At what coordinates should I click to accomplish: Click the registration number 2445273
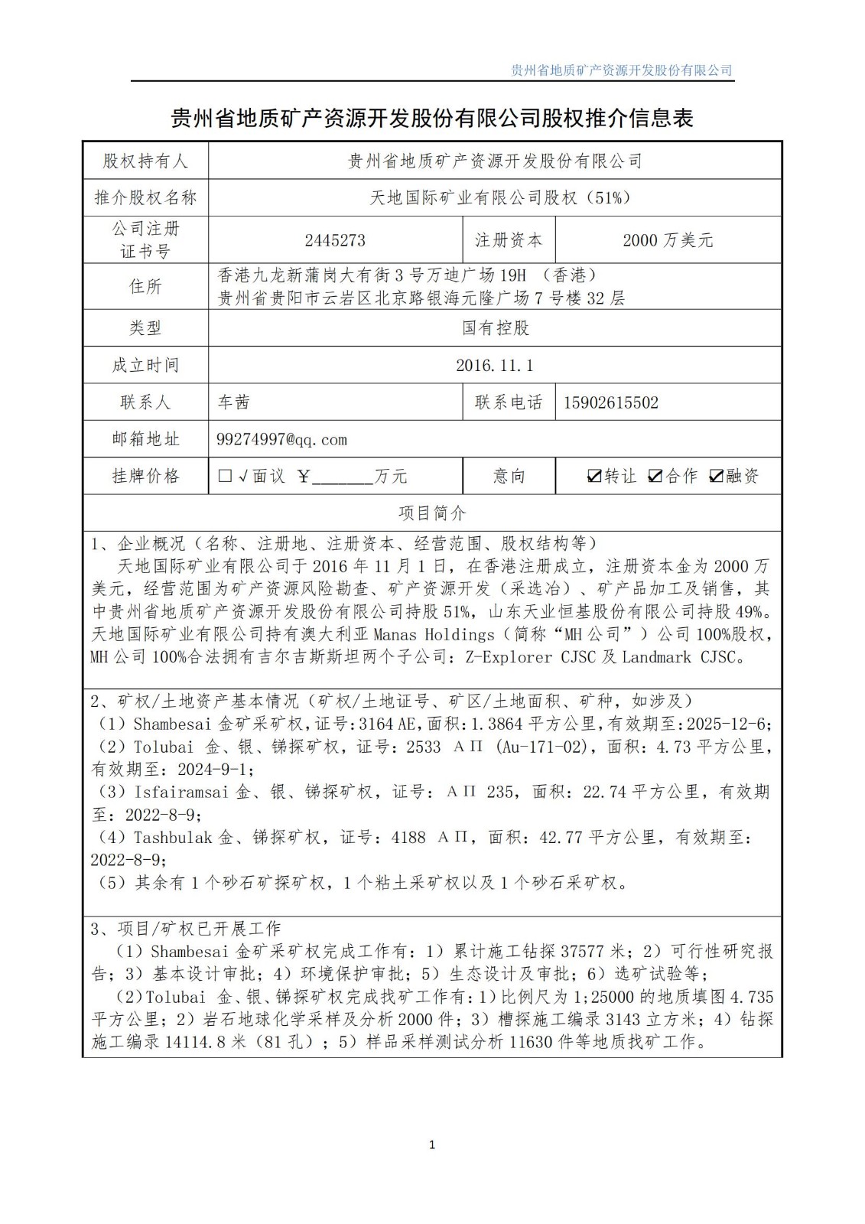(x=335, y=240)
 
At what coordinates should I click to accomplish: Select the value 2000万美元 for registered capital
(x=668, y=240)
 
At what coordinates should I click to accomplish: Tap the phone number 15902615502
(x=610, y=402)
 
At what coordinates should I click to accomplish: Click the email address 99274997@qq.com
(x=282, y=439)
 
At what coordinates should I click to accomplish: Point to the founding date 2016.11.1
(x=494, y=365)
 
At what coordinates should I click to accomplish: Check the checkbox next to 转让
(x=593, y=477)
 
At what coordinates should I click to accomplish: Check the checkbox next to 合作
(x=655, y=477)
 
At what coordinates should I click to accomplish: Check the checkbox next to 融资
(x=716, y=477)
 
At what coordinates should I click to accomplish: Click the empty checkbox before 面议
(x=225, y=476)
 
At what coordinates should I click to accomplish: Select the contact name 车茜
(x=233, y=402)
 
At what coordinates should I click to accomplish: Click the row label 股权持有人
(x=145, y=161)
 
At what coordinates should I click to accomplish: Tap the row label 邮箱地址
(x=145, y=439)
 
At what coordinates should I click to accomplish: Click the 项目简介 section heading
(x=432, y=513)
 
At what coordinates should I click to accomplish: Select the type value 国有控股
(x=495, y=328)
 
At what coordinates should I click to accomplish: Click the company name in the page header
(x=621, y=70)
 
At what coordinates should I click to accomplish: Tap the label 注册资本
(x=509, y=240)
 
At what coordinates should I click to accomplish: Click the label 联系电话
(x=509, y=402)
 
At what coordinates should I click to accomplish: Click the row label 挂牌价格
(x=145, y=476)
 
